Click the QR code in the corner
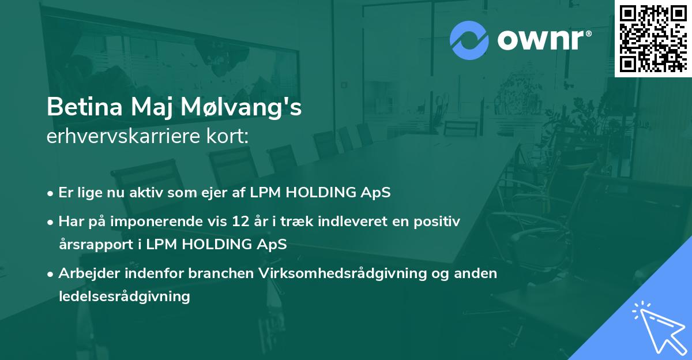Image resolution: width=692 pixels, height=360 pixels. pyautogui.click(x=653, y=38)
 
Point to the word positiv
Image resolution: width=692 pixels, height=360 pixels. pyautogui.click(x=439, y=222)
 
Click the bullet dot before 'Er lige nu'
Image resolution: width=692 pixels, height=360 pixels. pyautogui.click(x=51, y=193)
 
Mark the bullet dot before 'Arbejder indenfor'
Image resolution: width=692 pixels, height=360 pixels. pyautogui.click(x=51, y=273)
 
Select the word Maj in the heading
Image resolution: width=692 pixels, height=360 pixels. pyautogui.click(x=154, y=108)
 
